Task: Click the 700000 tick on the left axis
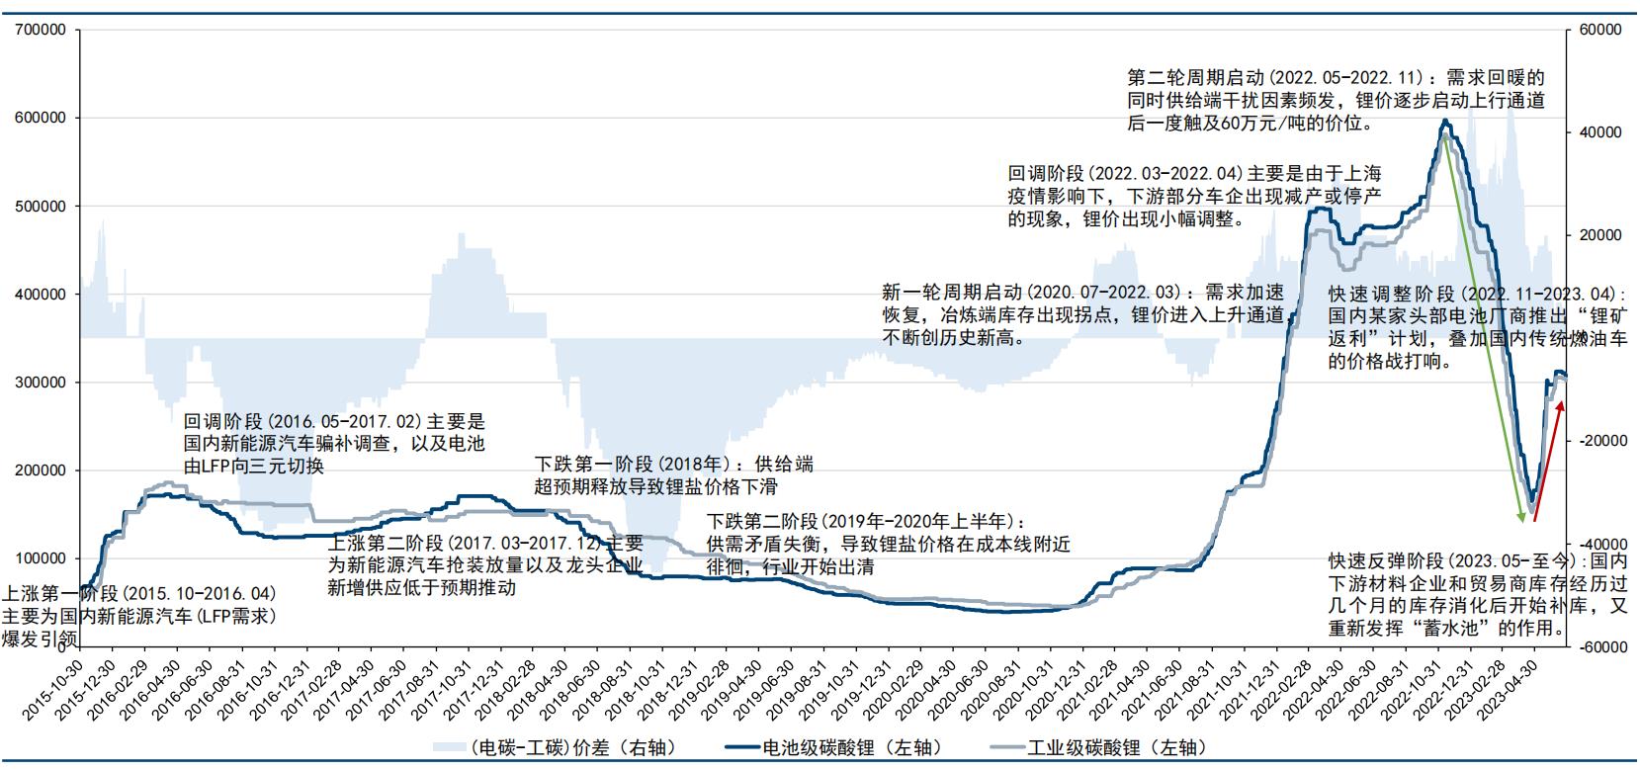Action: pyautogui.click(x=41, y=30)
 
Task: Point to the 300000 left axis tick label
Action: pyautogui.click(x=41, y=383)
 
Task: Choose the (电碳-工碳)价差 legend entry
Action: pyautogui.click(x=553, y=747)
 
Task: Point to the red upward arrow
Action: pyautogui.click(x=1549, y=460)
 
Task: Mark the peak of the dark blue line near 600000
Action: pyautogui.click(x=1445, y=121)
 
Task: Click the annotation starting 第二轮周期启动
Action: pyautogui.click(x=1335, y=100)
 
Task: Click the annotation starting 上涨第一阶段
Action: pyautogui.click(x=138, y=616)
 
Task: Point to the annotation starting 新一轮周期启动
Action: pyautogui.click(x=1082, y=314)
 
